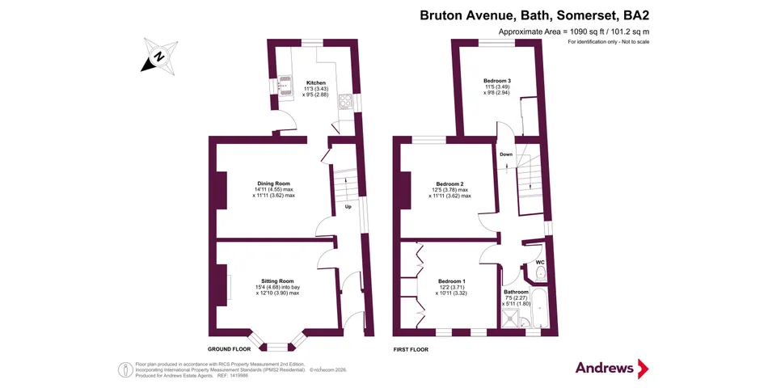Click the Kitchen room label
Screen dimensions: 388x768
tap(315, 82)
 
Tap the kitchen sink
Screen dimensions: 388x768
tap(284, 84)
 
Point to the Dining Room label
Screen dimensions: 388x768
tap(273, 183)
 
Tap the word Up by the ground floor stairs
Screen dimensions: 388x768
tap(348, 207)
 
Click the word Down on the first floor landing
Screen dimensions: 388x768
tap(506, 154)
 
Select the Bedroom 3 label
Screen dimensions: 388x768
tap(497, 81)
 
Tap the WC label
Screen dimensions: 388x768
tap(540, 263)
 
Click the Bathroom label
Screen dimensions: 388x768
tap(516, 292)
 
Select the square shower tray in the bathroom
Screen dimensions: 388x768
tap(510, 319)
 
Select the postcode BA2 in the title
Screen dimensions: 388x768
tap(635, 15)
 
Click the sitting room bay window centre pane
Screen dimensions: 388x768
tap(276, 346)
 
